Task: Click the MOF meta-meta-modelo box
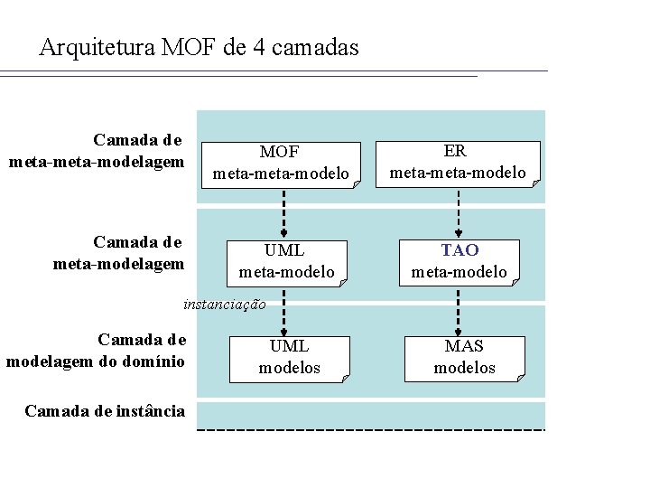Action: tap(280, 164)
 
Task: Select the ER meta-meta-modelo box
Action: tap(458, 162)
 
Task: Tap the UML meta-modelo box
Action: tap(286, 261)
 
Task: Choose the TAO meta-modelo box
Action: tap(460, 261)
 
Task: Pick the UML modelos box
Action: tap(290, 357)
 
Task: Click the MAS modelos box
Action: tap(464, 357)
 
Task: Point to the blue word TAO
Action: tap(460, 250)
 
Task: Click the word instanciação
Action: tap(224, 305)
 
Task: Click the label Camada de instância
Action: tap(105, 411)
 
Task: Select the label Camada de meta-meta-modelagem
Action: tap(97, 151)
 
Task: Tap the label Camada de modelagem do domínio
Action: tap(96, 351)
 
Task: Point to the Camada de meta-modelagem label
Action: tap(118, 253)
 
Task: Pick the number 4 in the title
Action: tap(259, 47)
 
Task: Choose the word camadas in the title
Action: tap(315, 47)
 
